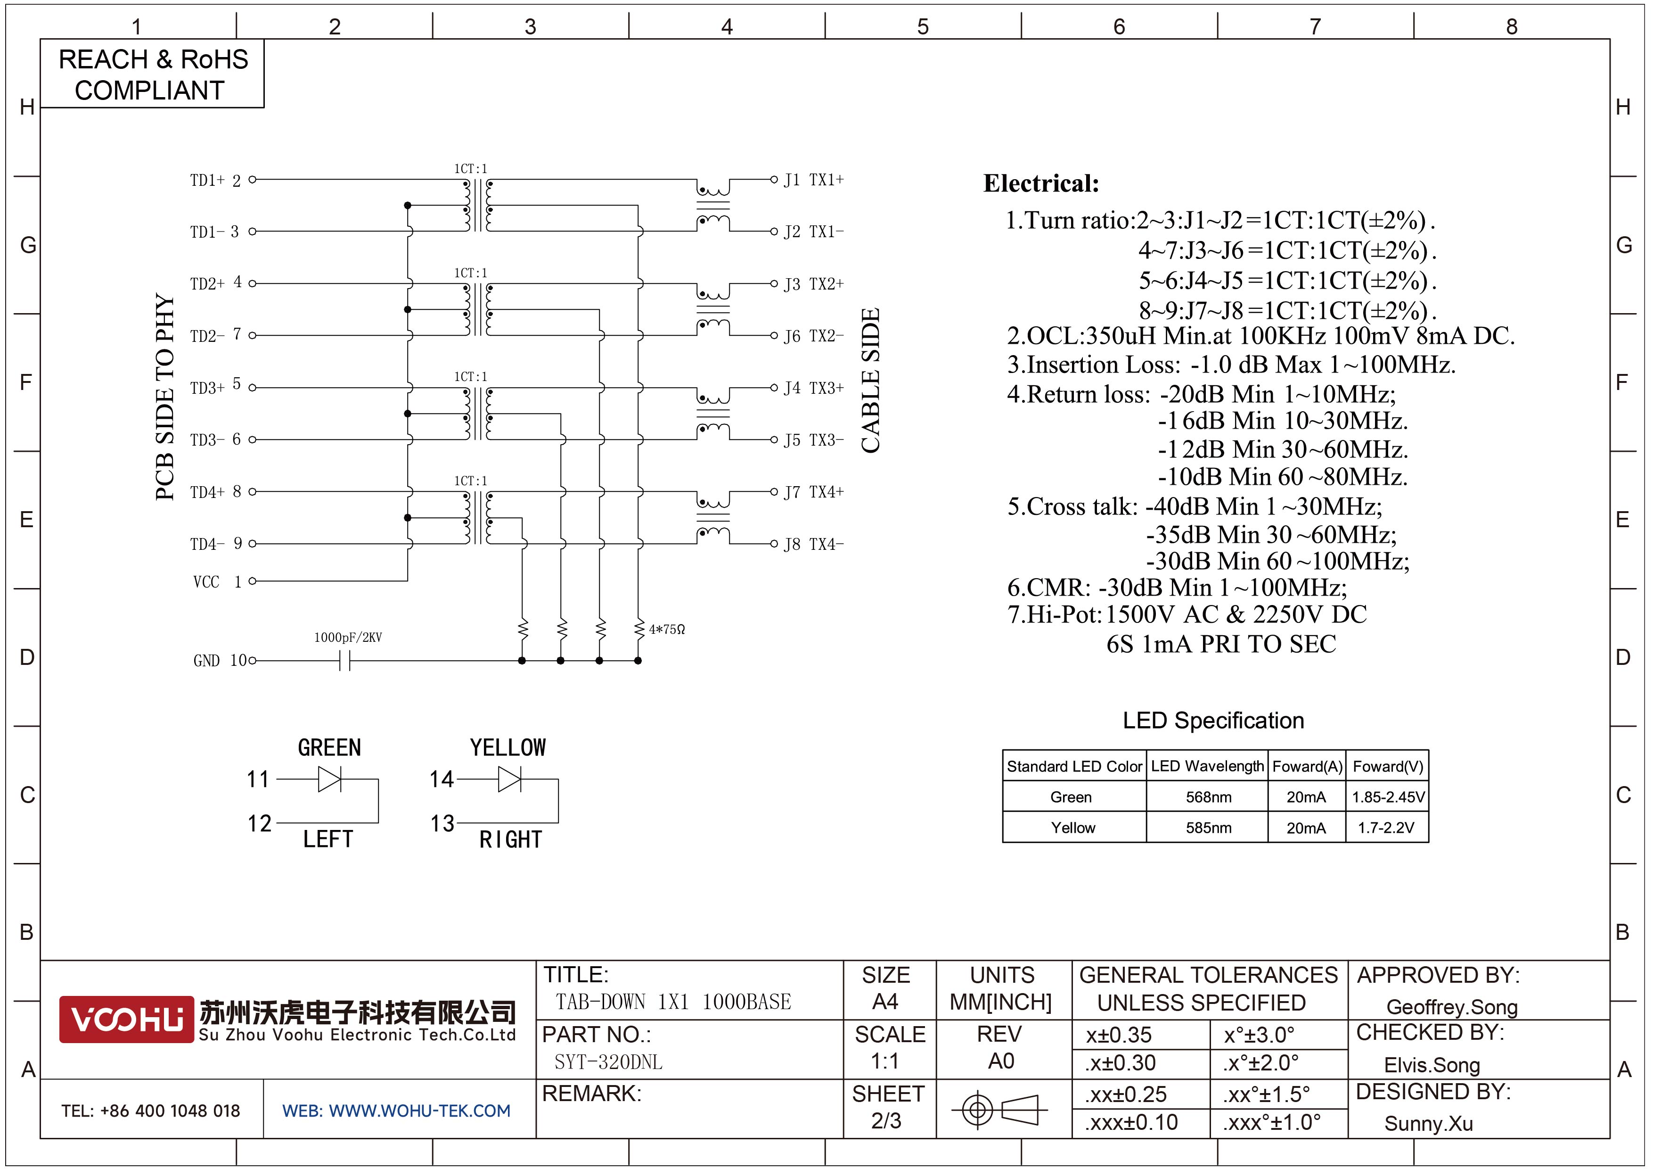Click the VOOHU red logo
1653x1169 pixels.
tap(126, 1019)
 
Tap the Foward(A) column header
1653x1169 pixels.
tap(1307, 766)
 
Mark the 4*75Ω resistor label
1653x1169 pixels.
tap(667, 630)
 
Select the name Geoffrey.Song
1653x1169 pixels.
tap(1451, 1007)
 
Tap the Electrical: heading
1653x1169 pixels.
tap(1041, 183)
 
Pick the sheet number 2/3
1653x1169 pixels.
tap(886, 1121)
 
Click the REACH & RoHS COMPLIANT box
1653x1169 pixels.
tap(153, 74)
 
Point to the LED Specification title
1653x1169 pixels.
tap(1213, 720)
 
